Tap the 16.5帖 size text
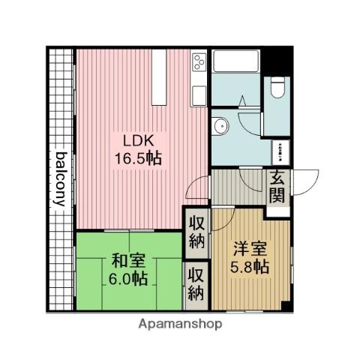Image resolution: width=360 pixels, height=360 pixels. point(136,158)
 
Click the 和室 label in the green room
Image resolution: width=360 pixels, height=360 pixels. point(128,261)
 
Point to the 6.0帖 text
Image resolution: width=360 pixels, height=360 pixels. point(128,278)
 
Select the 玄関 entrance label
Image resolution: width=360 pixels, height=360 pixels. point(276,189)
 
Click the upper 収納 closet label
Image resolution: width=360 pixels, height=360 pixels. point(196,232)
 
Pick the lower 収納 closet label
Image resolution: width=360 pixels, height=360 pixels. point(196,282)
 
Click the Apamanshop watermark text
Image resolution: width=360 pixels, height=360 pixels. point(180,325)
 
